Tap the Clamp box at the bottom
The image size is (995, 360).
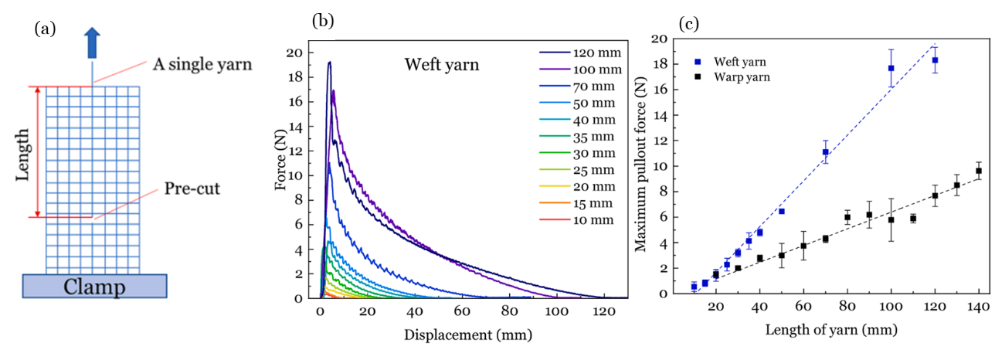coord(92,287)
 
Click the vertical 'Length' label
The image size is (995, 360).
coord(25,152)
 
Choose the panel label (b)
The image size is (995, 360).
coord(322,21)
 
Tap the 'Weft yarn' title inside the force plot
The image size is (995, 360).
coord(442,65)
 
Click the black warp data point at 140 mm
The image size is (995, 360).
coord(978,171)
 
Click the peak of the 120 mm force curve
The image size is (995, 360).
coord(329,63)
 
